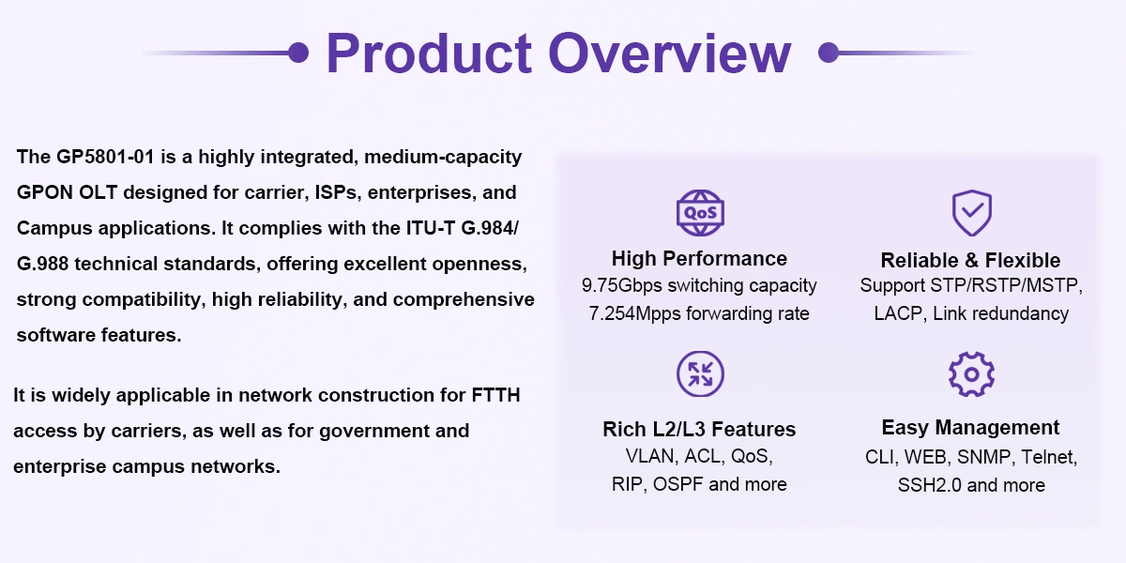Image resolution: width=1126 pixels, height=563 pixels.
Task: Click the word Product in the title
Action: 429,53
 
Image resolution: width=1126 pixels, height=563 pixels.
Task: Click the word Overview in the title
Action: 670,53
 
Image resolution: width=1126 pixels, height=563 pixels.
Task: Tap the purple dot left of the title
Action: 298,53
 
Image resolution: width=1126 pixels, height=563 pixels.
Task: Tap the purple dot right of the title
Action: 829,53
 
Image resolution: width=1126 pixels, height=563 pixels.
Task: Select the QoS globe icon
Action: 700,213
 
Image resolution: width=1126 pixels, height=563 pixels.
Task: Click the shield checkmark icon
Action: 972,213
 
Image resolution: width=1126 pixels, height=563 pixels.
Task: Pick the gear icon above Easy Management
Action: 971,374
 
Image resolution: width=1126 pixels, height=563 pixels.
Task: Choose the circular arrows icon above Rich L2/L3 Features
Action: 700,374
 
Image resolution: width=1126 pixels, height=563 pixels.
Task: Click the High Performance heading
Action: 699,259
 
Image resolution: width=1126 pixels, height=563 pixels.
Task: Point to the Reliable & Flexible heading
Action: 970,261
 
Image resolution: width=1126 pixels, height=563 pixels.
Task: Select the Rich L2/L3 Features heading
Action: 699,430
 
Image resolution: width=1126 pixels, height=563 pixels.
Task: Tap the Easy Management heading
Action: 970,428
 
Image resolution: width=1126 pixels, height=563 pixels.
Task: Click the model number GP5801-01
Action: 105,157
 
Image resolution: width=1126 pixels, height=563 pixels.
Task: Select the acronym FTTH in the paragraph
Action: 495,395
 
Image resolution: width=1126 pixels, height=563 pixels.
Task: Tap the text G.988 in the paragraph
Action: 42,264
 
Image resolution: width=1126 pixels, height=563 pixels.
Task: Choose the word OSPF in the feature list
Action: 678,484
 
